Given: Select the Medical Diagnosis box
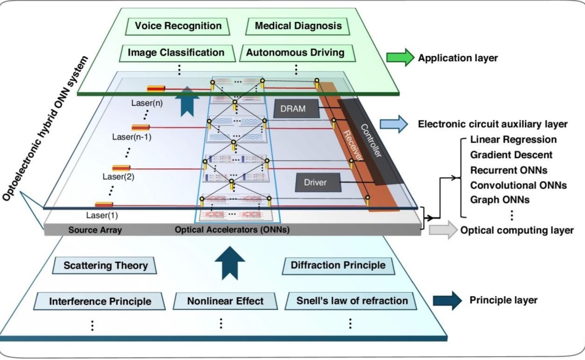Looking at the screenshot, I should pos(298,26).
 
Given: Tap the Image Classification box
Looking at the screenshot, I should pos(176,52).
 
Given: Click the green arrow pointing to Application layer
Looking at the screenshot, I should pos(400,58).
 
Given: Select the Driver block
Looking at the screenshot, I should pos(318,182).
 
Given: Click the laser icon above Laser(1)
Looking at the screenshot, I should pos(104,204).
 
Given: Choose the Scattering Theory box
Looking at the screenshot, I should pos(105,266).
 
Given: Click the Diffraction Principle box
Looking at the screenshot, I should pos(338,265).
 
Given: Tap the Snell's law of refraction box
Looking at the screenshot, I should pos(352,300).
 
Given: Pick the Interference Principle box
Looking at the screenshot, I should pos(100,302).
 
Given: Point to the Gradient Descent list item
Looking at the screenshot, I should pos(511,155).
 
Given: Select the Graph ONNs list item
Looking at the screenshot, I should pos(500,200).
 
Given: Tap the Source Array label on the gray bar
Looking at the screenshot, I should pos(95,230).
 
